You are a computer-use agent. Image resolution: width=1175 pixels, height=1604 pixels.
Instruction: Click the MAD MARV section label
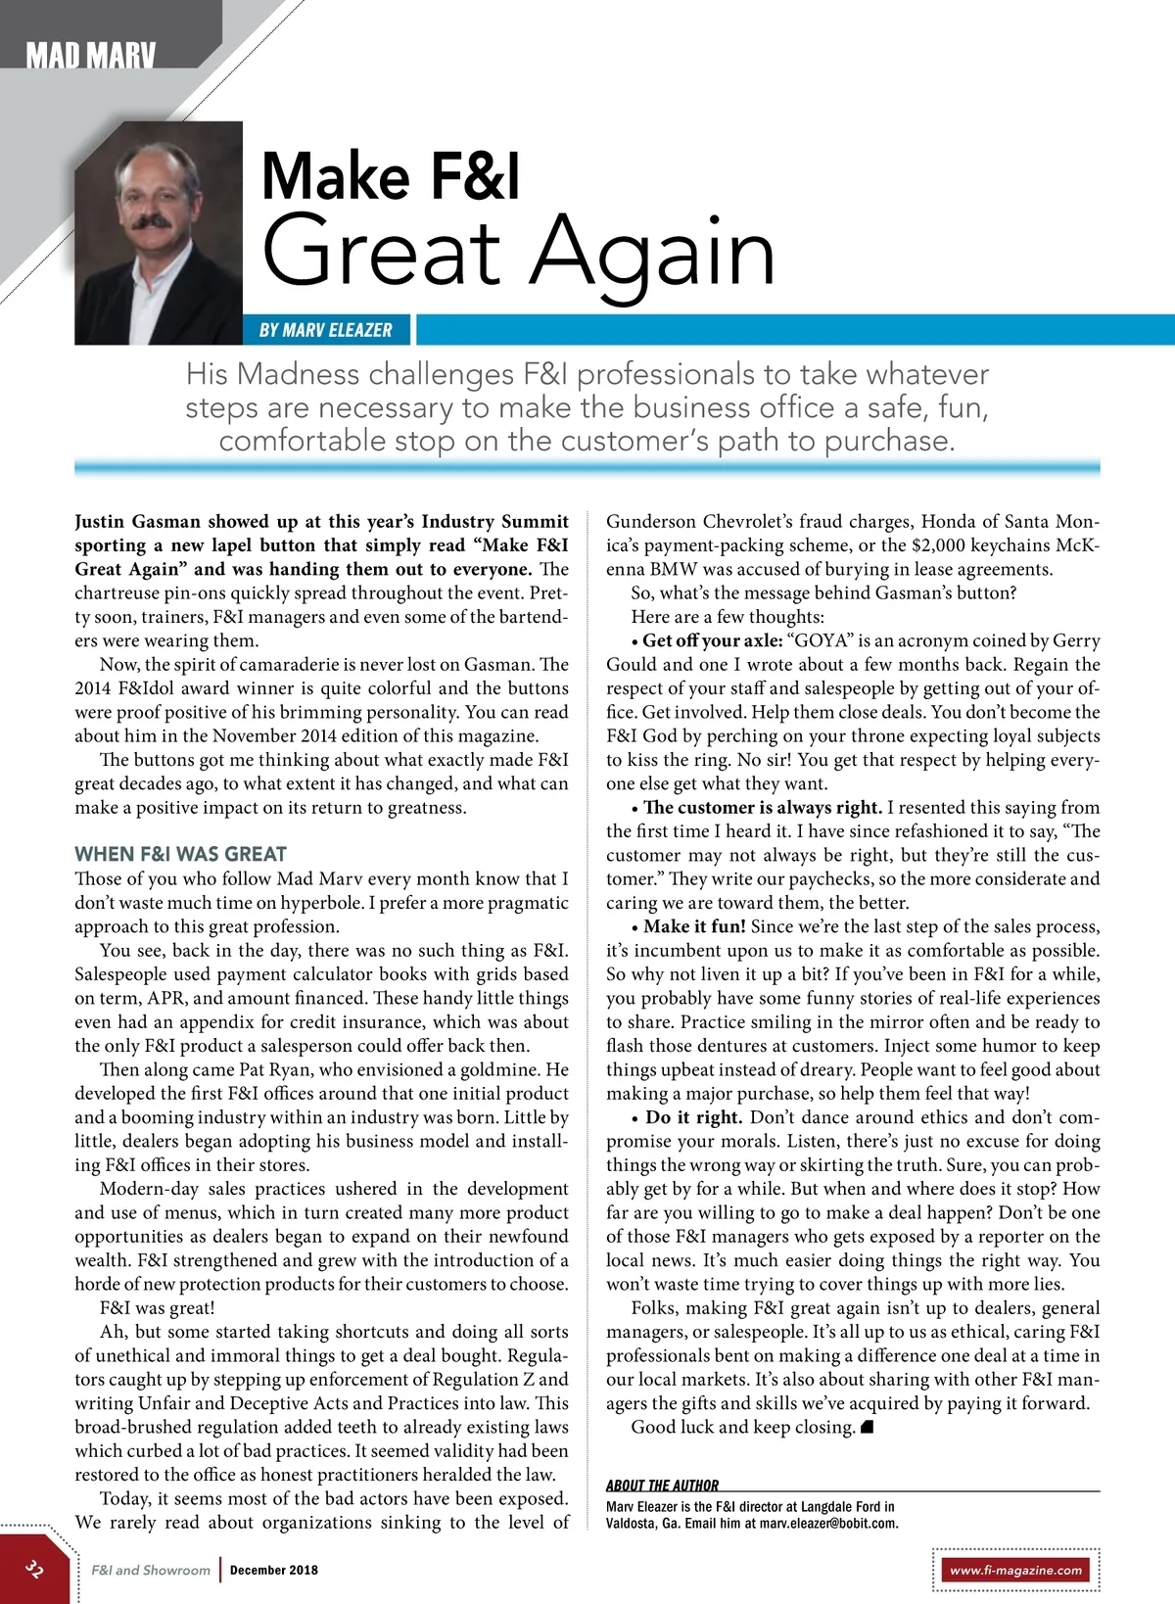coord(91,56)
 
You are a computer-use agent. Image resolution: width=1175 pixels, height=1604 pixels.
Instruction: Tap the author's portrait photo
coord(159,232)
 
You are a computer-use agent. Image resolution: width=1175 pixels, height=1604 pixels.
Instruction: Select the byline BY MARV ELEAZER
coord(326,330)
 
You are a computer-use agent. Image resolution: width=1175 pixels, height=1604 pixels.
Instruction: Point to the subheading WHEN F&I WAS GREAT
coord(180,854)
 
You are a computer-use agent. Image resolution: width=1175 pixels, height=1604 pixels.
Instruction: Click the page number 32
coord(34,1569)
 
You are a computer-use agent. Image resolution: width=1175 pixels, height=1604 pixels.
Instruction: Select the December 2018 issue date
coord(274,1570)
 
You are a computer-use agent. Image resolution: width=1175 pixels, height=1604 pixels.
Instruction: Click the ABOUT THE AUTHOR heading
coord(662,1485)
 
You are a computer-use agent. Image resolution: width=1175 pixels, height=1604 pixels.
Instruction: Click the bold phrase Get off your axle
coord(713,641)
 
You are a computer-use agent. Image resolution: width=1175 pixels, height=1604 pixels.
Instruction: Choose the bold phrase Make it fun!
coord(694,926)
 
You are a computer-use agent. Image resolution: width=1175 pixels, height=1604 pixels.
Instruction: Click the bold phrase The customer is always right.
coord(763,808)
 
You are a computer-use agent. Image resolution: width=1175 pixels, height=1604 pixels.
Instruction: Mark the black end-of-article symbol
coord(866,1427)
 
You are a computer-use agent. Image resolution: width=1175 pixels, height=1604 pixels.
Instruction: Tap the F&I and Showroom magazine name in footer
coord(151,1570)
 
